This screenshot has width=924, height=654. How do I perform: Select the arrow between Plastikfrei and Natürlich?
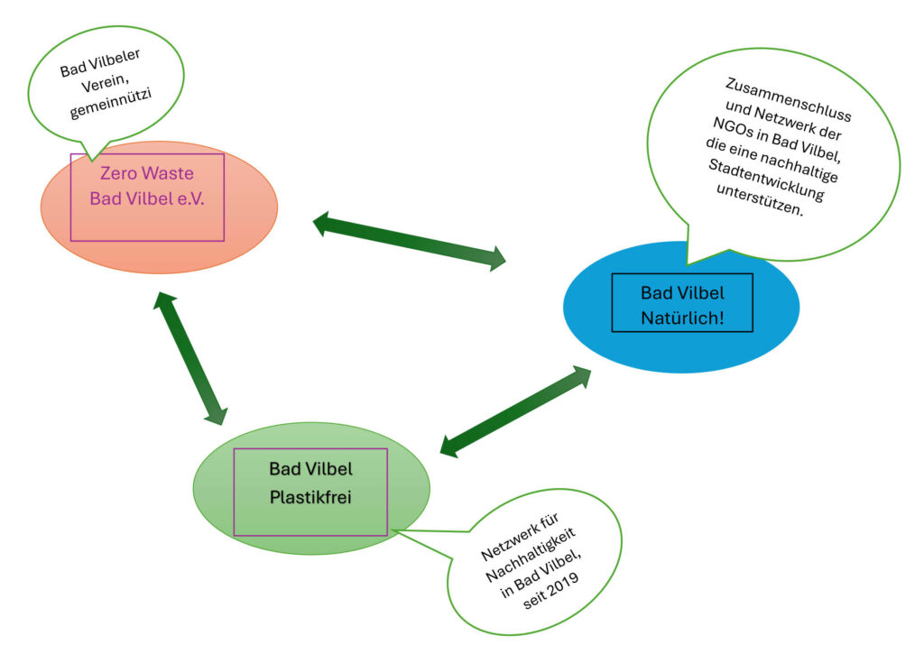click(x=515, y=411)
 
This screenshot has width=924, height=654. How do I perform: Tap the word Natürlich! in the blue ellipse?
click(x=682, y=317)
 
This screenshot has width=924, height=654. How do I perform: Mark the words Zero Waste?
click(x=147, y=172)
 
